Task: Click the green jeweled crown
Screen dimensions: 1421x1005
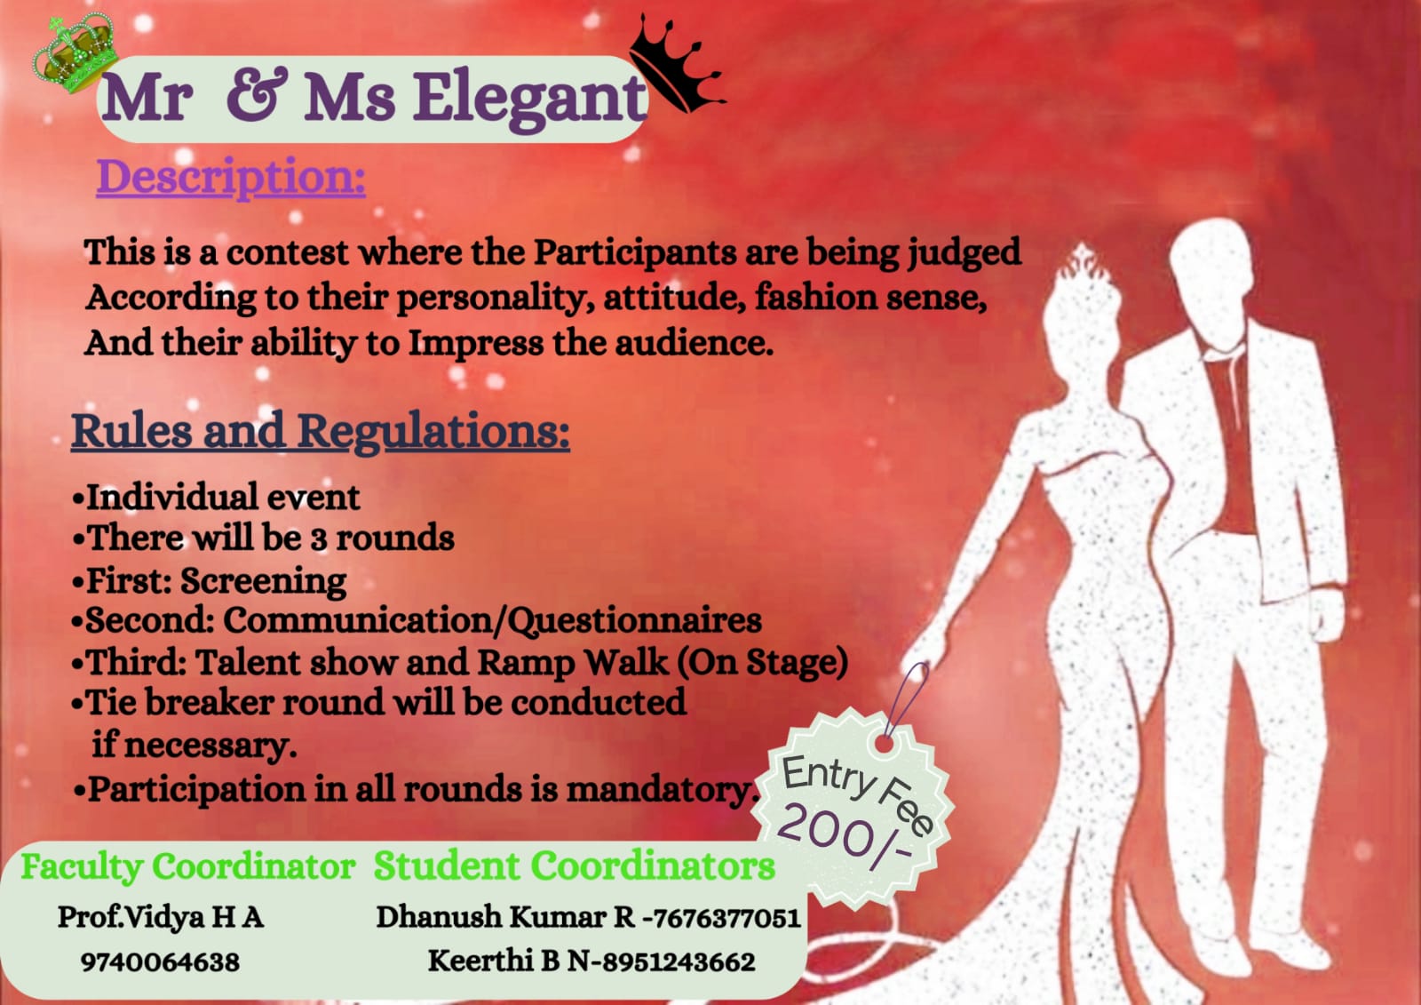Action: (75, 53)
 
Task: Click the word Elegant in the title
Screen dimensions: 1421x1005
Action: (530, 99)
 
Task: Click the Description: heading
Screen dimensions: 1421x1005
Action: (231, 178)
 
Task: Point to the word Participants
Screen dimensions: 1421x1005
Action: (634, 252)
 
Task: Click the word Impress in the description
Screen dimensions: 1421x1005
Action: (475, 344)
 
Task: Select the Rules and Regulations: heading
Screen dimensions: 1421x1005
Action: (321, 432)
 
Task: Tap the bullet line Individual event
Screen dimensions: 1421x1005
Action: (217, 497)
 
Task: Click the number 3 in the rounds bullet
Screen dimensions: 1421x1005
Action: (318, 539)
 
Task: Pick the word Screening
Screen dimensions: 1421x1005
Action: (263, 581)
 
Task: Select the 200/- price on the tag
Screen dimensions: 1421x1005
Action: (844, 837)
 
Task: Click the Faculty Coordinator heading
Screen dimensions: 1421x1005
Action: (187, 867)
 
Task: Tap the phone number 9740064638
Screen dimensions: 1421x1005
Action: (160, 962)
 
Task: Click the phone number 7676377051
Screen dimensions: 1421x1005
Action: (726, 918)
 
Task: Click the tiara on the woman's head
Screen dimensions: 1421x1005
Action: (1086, 261)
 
